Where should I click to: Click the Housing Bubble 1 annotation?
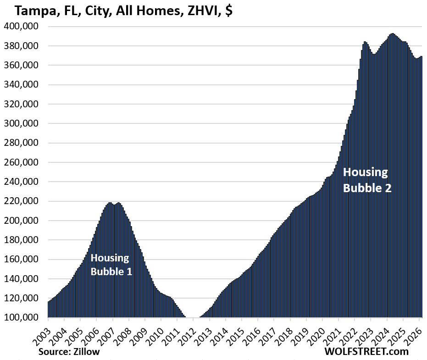tap(111, 264)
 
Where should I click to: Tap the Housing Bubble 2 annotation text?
tap(366, 180)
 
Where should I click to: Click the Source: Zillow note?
tap(69, 351)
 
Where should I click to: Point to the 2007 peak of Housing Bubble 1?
tap(110, 203)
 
